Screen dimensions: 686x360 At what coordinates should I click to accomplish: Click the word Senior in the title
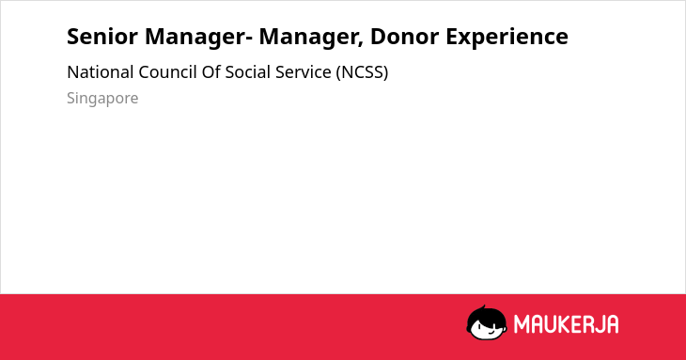click(101, 37)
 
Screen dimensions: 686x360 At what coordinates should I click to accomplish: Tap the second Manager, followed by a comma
click(311, 38)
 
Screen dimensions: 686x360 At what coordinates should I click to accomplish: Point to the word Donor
click(404, 37)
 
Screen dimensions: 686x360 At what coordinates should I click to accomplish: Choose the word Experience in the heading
click(507, 38)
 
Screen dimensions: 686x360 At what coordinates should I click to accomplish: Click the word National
click(101, 72)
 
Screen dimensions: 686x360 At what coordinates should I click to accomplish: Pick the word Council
click(167, 72)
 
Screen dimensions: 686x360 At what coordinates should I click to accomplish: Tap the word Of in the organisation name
click(210, 72)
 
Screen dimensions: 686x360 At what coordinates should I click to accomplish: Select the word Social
click(248, 72)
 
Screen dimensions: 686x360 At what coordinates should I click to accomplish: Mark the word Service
click(304, 72)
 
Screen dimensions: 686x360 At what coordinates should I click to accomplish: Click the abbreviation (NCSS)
click(362, 72)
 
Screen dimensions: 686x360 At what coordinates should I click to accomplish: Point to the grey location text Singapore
click(102, 99)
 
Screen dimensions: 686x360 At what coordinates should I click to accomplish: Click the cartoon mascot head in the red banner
click(487, 322)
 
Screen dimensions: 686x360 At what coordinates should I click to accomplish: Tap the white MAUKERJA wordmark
click(566, 324)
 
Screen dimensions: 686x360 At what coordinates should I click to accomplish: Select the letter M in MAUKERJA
click(522, 324)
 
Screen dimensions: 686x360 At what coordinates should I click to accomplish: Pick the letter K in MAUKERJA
click(565, 324)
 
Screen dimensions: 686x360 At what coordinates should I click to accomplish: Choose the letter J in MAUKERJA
click(598, 324)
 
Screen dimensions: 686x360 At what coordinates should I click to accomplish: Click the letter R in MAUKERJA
click(586, 324)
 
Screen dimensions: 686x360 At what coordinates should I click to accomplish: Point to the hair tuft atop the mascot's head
click(483, 307)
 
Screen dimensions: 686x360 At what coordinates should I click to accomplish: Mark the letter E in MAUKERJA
click(575, 324)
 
